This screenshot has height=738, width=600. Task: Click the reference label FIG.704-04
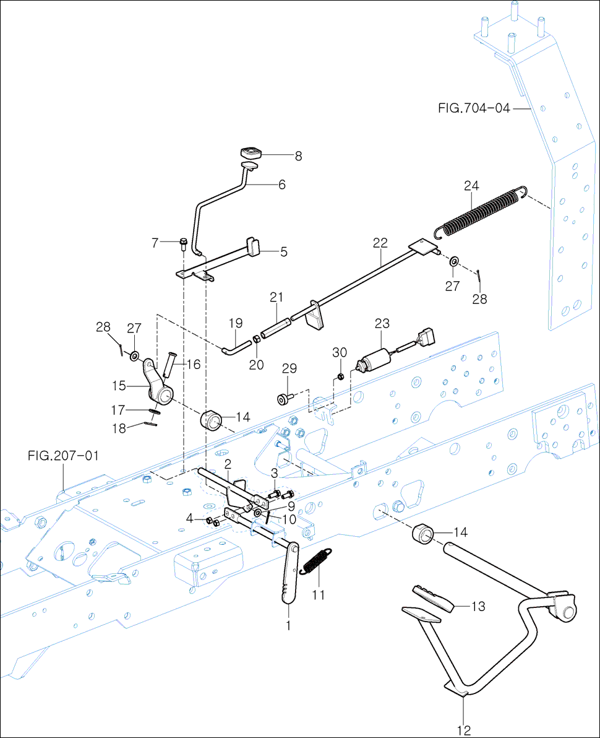coord(474,108)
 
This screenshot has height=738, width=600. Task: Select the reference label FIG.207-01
coord(64,456)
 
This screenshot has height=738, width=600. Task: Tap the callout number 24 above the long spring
coord(471,186)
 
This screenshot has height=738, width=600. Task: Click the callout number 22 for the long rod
coord(380,243)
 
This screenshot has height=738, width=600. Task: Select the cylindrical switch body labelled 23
coord(374,359)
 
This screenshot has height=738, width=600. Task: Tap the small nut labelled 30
coord(340,376)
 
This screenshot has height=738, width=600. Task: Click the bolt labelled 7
coord(183,245)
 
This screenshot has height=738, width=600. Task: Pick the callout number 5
coord(283,252)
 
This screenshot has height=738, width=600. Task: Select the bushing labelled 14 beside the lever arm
coord(212,420)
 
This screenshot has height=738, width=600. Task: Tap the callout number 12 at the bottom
coord(464,731)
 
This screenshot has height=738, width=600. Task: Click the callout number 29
coord(289,368)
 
